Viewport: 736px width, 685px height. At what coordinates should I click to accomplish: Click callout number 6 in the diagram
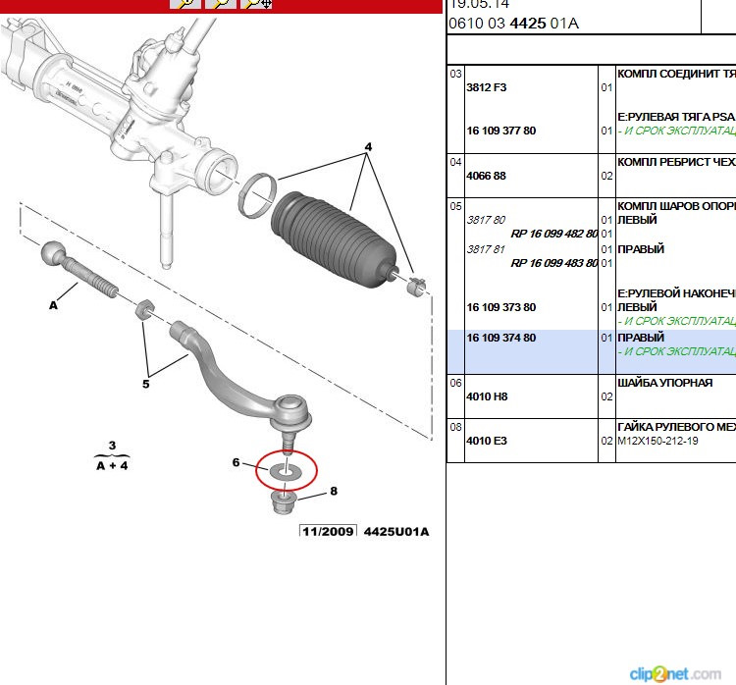(x=237, y=462)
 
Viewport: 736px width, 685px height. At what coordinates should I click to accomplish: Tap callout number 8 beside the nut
(x=334, y=491)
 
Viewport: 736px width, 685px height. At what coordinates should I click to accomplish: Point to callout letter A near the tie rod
(x=54, y=306)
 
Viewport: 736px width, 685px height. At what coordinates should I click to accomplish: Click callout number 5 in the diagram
(x=145, y=384)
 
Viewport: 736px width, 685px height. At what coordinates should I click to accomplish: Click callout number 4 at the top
(x=369, y=147)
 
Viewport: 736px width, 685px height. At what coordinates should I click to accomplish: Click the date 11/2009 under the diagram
(x=328, y=532)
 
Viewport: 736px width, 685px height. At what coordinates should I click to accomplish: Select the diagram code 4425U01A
(x=396, y=532)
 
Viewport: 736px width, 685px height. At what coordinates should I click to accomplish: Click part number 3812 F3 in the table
(x=487, y=87)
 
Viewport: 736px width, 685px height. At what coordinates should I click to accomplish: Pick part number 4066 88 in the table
(x=487, y=176)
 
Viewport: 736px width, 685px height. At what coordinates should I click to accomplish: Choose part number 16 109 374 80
(x=501, y=338)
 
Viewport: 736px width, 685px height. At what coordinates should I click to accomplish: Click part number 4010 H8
(x=487, y=396)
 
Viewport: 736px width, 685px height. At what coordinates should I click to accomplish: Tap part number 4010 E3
(x=487, y=441)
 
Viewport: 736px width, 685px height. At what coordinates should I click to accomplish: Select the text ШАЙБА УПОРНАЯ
(x=664, y=383)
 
